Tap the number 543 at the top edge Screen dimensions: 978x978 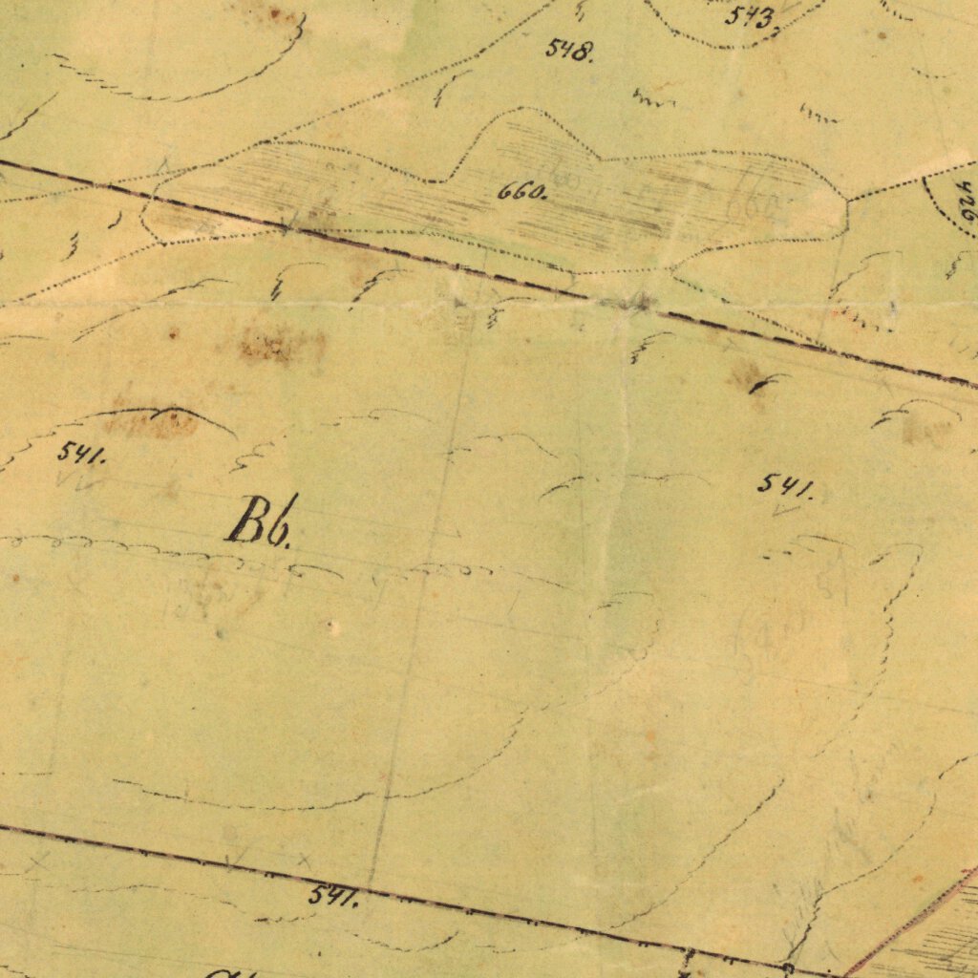[x=749, y=16]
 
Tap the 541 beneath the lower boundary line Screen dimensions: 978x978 [x=332, y=897]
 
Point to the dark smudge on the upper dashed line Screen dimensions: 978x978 [x=634, y=303]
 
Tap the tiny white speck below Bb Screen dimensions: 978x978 [x=332, y=627]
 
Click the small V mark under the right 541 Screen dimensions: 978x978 [x=786, y=511]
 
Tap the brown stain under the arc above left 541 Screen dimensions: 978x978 [x=153, y=422]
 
